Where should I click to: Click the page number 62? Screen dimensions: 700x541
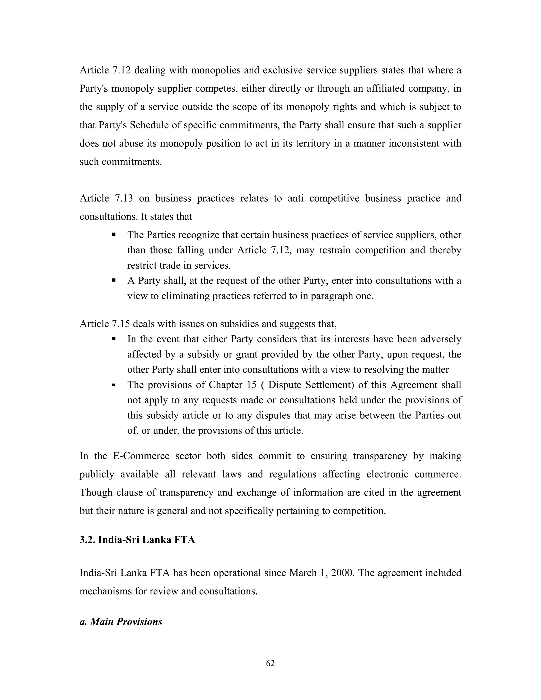point(270,664)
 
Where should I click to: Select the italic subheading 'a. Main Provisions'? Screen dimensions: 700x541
point(121,622)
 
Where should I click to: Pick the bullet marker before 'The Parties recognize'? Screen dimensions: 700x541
point(114,235)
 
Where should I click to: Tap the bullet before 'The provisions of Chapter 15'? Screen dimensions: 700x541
point(114,385)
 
